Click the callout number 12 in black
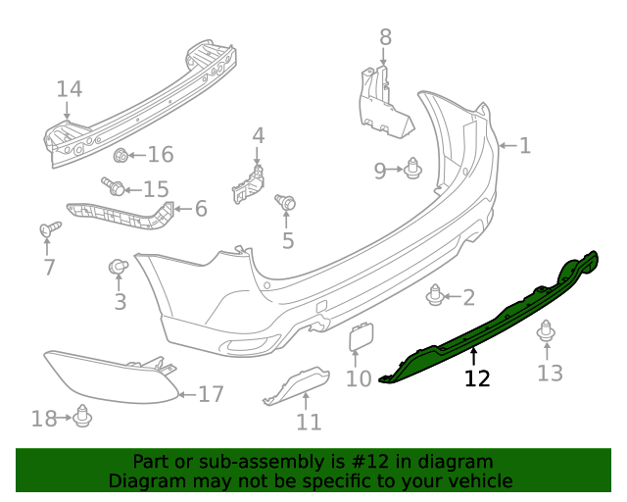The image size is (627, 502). (x=477, y=378)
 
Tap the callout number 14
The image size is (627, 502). (x=69, y=89)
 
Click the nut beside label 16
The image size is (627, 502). (x=121, y=154)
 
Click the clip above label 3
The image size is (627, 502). (x=117, y=266)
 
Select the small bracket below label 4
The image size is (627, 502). (x=249, y=182)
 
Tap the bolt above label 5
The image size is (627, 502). (x=287, y=203)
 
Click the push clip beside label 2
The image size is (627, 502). (x=437, y=293)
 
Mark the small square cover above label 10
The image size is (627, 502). (x=359, y=336)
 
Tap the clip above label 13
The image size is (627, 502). (x=547, y=336)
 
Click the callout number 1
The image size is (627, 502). (x=525, y=146)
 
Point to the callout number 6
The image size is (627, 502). (x=201, y=209)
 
